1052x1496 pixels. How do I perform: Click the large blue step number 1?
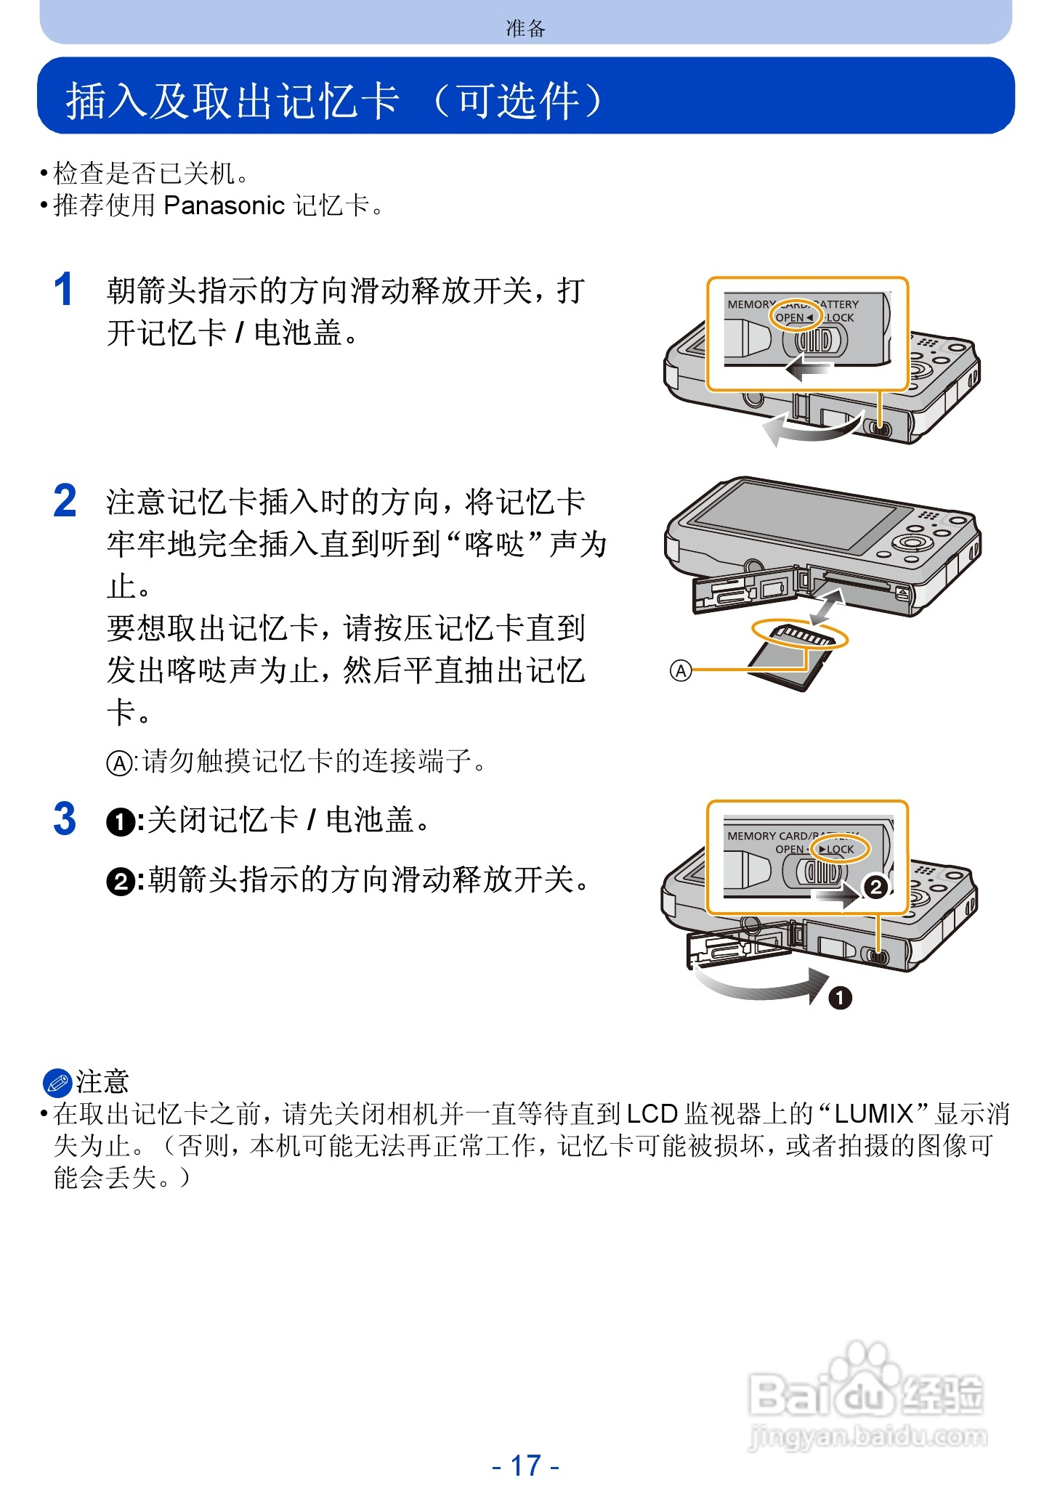coord(63,290)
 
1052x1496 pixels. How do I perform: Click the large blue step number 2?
coord(65,501)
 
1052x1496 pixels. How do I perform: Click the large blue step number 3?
coord(65,819)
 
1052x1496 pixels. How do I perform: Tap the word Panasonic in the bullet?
coord(224,206)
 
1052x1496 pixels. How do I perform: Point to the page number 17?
coord(525,1465)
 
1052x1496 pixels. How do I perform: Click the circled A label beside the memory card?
coord(680,670)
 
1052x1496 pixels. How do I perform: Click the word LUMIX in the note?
coord(873,1113)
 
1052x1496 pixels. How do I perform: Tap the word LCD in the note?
coord(652,1113)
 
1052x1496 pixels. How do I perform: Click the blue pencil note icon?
coord(57,1082)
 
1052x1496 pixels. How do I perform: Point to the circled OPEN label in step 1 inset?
coord(794,317)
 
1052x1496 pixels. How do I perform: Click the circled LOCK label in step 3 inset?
coord(840,849)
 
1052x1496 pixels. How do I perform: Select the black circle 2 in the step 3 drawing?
coord(875,887)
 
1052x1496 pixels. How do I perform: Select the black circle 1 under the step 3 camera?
coord(840,998)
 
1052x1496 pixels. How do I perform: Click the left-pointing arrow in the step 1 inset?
coord(808,368)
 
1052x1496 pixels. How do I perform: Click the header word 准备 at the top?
coord(525,28)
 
